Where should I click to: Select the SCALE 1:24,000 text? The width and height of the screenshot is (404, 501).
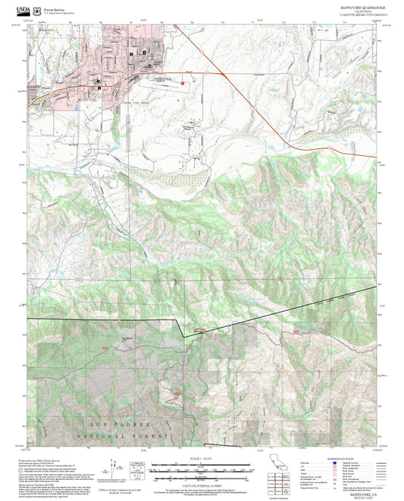click(x=201, y=458)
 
